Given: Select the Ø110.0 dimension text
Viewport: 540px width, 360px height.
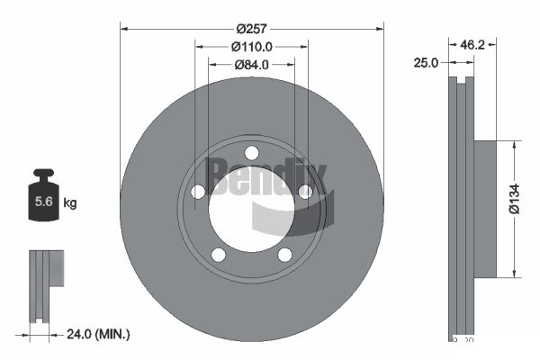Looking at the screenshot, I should (x=251, y=46).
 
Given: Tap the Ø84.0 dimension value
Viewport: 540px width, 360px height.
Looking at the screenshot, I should (x=252, y=64).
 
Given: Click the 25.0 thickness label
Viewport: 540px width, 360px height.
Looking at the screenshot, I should (x=427, y=63).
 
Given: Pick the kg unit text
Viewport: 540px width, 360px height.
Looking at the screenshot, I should (x=70, y=203).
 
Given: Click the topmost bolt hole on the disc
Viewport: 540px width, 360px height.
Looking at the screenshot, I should (x=252, y=152).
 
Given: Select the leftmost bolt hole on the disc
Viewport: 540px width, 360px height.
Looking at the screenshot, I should (x=198, y=191).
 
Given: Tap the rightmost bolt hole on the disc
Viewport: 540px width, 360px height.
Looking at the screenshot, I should (x=305, y=191).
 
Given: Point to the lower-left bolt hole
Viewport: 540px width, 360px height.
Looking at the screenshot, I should (x=219, y=254).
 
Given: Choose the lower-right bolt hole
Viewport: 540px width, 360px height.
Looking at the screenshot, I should (x=284, y=254).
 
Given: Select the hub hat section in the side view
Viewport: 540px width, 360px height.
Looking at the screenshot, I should (x=484, y=209).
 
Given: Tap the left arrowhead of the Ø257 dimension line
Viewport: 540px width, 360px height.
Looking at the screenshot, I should (x=124, y=29).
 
